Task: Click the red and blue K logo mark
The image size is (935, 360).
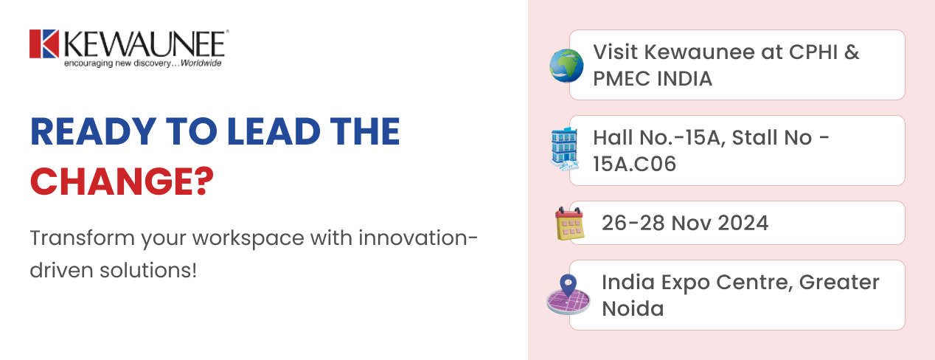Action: (x=44, y=44)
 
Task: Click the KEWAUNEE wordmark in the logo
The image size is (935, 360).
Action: (x=145, y=44)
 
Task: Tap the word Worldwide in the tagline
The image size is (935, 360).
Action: (x=201, y=63)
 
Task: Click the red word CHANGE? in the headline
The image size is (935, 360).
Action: (x=122, y=181)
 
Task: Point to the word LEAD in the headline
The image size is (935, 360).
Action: (x=274, y=131)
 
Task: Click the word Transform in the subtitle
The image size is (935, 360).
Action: (x=83, y=238)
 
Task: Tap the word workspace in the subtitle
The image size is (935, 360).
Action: (x=248, y=239)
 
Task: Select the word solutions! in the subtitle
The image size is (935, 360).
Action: (x=147, y=270)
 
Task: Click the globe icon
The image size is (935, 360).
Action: (x=566, y=66)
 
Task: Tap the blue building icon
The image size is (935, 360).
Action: (x=565, y=149)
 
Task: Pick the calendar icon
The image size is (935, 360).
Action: (x=569, y=224)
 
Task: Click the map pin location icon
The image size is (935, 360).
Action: (x=569, y=294)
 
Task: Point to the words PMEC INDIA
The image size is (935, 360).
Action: (x=653, y=78)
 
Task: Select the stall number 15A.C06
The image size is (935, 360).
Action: (x=634, y=163)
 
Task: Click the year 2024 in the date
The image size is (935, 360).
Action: (x=743, y=223)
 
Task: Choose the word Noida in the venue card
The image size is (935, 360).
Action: (x=633, y=308)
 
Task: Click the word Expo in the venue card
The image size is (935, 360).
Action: (x=685, y=283)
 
